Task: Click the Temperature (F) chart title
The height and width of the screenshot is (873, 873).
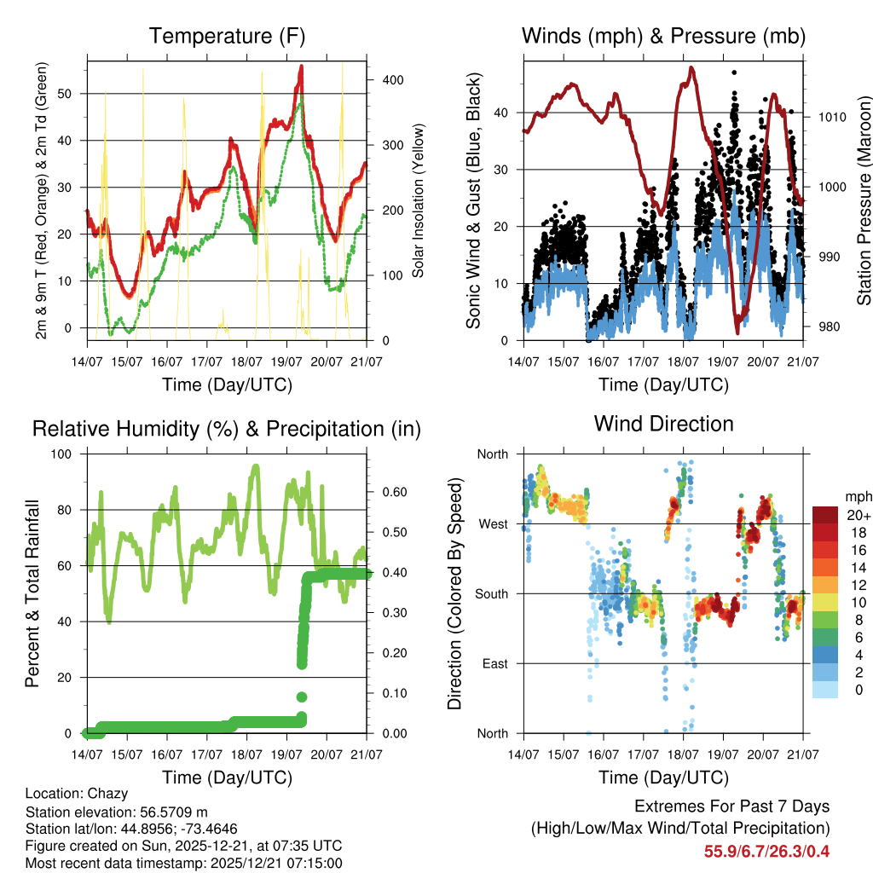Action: (x=227, y=37)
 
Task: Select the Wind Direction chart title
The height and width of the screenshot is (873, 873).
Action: (x=663, y=424)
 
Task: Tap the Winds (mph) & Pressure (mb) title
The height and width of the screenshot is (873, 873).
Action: (x=663, y=37)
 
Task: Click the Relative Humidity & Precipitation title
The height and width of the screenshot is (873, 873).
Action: (x=227, y=429)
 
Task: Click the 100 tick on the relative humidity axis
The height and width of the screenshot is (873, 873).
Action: (x=65, y=454)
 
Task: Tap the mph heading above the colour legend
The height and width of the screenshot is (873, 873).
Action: (x=857, y=496)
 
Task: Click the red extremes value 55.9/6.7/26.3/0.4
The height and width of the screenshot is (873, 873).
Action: (x=766, y=851)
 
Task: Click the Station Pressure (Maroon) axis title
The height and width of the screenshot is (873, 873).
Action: (x=864, y=200)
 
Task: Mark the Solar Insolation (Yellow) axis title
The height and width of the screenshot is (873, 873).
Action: (x=419, y=200)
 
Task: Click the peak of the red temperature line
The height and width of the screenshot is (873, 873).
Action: (x=301, y=66)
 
